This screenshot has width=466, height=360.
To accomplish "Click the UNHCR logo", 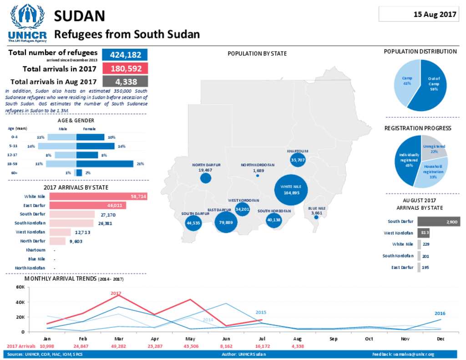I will point(27,22).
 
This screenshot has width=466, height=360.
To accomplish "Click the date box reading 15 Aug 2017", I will point(418,14).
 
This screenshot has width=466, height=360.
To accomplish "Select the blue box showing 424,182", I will point(125,55).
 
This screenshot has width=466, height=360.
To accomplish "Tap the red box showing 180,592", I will point(125,69).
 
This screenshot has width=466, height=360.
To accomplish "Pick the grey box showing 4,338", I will point(125,82).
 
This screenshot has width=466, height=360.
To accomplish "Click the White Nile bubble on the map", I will point(291,190).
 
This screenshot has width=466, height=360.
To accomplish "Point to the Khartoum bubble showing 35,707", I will point(297,160).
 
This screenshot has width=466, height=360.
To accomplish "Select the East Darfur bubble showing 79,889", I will point(226,222).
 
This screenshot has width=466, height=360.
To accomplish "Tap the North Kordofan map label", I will point(258,165).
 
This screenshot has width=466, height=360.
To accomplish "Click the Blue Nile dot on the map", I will point(316,217).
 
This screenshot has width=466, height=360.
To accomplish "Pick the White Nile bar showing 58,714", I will point(98,197).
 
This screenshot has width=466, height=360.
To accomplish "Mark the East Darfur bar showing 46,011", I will point(87,206).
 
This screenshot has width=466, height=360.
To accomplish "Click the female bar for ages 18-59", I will point(105,164).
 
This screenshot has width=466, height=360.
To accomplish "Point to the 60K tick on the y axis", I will point(20,287).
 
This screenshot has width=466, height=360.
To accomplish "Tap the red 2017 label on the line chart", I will point(116,294).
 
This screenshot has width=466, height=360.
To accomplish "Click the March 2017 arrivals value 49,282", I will point(119,346).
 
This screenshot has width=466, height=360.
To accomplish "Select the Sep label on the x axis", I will point(333,339).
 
